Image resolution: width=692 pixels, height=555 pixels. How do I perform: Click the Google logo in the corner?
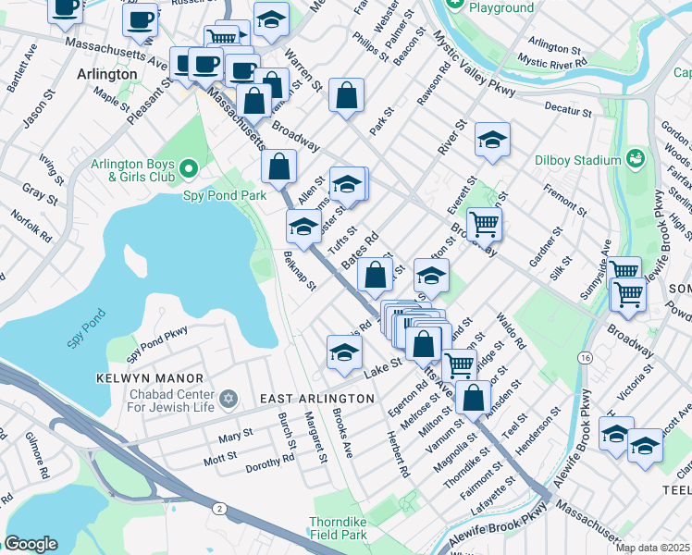(31, 544)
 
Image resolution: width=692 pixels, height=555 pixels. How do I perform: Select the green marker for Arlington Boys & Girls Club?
(189, 167)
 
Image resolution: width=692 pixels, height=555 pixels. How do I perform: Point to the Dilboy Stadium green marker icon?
(634, 159)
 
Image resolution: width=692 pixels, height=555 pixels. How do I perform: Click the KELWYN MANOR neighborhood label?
(149, 378)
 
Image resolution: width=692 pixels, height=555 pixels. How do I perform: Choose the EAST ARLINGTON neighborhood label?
(316, 398)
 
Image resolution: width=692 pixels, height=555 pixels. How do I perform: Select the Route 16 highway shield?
(584, 357)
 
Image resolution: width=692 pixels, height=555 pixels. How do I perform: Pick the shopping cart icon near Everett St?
(484, 223)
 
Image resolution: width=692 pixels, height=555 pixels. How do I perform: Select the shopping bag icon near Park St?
(346, 95)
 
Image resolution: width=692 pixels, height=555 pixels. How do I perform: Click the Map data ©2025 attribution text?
(652, 548)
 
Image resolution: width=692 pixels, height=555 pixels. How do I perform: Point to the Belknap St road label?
(301, 270)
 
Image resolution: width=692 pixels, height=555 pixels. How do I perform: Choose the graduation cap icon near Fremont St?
(492, 141)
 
